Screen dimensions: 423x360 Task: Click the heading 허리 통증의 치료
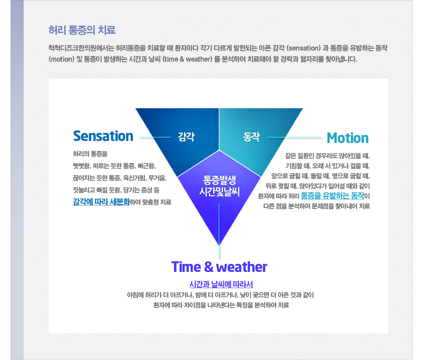(x=82, y=30)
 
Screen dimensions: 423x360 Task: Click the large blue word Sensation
(x=103, y=136)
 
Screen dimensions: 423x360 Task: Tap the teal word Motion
(x=348, y=138)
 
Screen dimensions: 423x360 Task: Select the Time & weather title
(x=219, y=267)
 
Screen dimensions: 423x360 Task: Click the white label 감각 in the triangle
(x=186, y=136)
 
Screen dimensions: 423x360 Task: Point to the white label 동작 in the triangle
(x=251, y=136)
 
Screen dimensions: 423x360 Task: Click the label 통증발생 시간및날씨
(x=219, y=185)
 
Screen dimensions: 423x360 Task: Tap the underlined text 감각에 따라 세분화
(x=101, y=202)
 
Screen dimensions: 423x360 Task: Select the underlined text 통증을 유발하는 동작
(x=332, y=195)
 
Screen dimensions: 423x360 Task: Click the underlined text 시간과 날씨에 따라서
(x=221, y=284)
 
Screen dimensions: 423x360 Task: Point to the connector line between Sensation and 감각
(x=155, y=137)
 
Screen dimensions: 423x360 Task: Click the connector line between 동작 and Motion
(x=295, y=137)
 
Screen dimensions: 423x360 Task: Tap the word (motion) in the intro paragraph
(x=61, y=59)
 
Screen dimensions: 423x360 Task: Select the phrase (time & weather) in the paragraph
(x=188, y=59)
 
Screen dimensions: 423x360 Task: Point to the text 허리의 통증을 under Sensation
(x=90, y=154)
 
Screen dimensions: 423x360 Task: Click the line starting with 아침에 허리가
(x=220, y=295)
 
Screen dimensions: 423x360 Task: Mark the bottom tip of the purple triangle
(x=219, y=245)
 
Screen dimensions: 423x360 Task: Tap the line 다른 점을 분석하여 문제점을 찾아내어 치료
(x=316, y=206)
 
